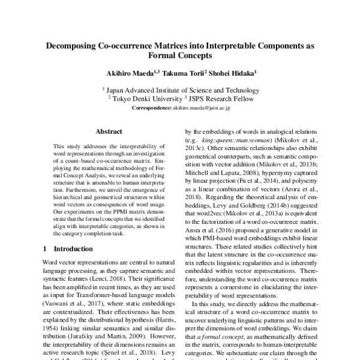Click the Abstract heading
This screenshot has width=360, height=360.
(x=110, y=130)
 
